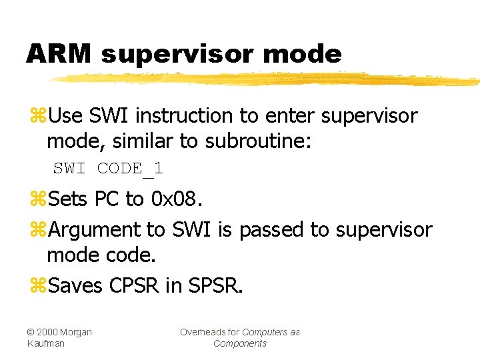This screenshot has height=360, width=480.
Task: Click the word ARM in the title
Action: click(x=59, y=53)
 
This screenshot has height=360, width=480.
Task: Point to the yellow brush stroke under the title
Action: click(x=267, y=79)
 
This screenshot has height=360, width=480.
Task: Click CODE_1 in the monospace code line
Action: click(x=130, y=169)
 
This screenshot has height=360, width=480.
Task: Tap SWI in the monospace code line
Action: click(x=69, y=169)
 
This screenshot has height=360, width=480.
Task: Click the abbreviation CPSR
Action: click(x=134, y=286)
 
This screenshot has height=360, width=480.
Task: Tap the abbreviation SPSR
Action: click(x=213, y=286)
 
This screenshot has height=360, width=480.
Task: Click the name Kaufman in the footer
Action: click(x=45, y=343)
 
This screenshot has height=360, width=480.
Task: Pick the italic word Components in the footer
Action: click(x=240, y=343)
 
